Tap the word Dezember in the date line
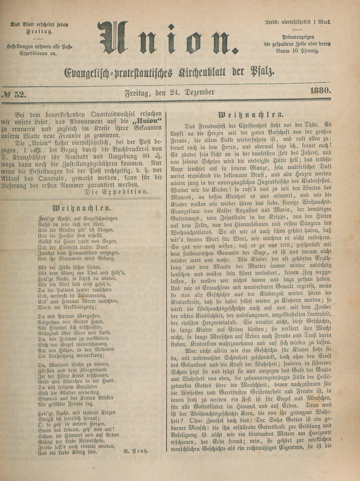[x=199, y=92]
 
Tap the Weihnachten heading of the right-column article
[x=251, y=115]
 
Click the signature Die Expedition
[x=116, y=192]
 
